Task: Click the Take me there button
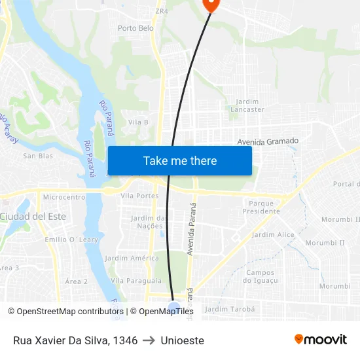(180, 160)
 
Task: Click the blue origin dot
(174, 308)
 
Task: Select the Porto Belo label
(135, 28)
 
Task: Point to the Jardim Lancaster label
(247, 105)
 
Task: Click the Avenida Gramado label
(268, 141)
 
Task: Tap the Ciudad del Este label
(33, 216)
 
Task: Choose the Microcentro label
(64, 196)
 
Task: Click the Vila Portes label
(140, 196)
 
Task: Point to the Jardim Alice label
(273, 234)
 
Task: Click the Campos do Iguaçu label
(261, 276)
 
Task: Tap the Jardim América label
(132, 258)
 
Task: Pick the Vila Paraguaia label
(136, 280)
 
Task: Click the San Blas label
(38, 156)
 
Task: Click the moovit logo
(320, 339)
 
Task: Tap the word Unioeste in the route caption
(183, 340)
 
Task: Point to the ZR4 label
(161, 11)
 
